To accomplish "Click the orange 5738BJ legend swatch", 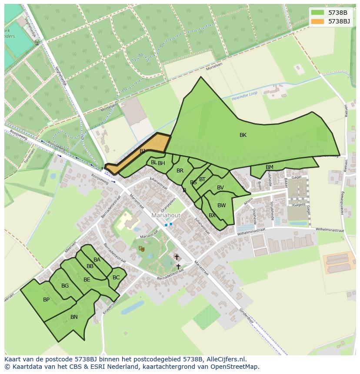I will (x=318, y=21).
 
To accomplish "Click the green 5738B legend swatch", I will (x=318, y=13).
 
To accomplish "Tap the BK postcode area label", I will (x=243, y=135).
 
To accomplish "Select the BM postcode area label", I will (x=270, y=167).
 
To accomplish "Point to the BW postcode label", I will (x=222, y=205).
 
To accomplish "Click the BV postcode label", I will (x=220, y=188).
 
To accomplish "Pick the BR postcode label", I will (x=180, y=171).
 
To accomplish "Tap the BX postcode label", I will (x=212, y=215).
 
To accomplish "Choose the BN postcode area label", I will (x=74, y=317).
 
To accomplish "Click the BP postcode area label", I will (x=46, y=300).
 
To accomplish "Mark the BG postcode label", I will (x=65, y=286).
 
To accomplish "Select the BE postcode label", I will (x=87, y=280).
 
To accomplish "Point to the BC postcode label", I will (x=116, y=278).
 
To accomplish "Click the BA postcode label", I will (x=97, y=260).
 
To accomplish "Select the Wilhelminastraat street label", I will (x=330, y=229).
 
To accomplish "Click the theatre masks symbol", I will (x=141, y=248).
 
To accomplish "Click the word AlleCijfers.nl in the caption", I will (x=226, y=359).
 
